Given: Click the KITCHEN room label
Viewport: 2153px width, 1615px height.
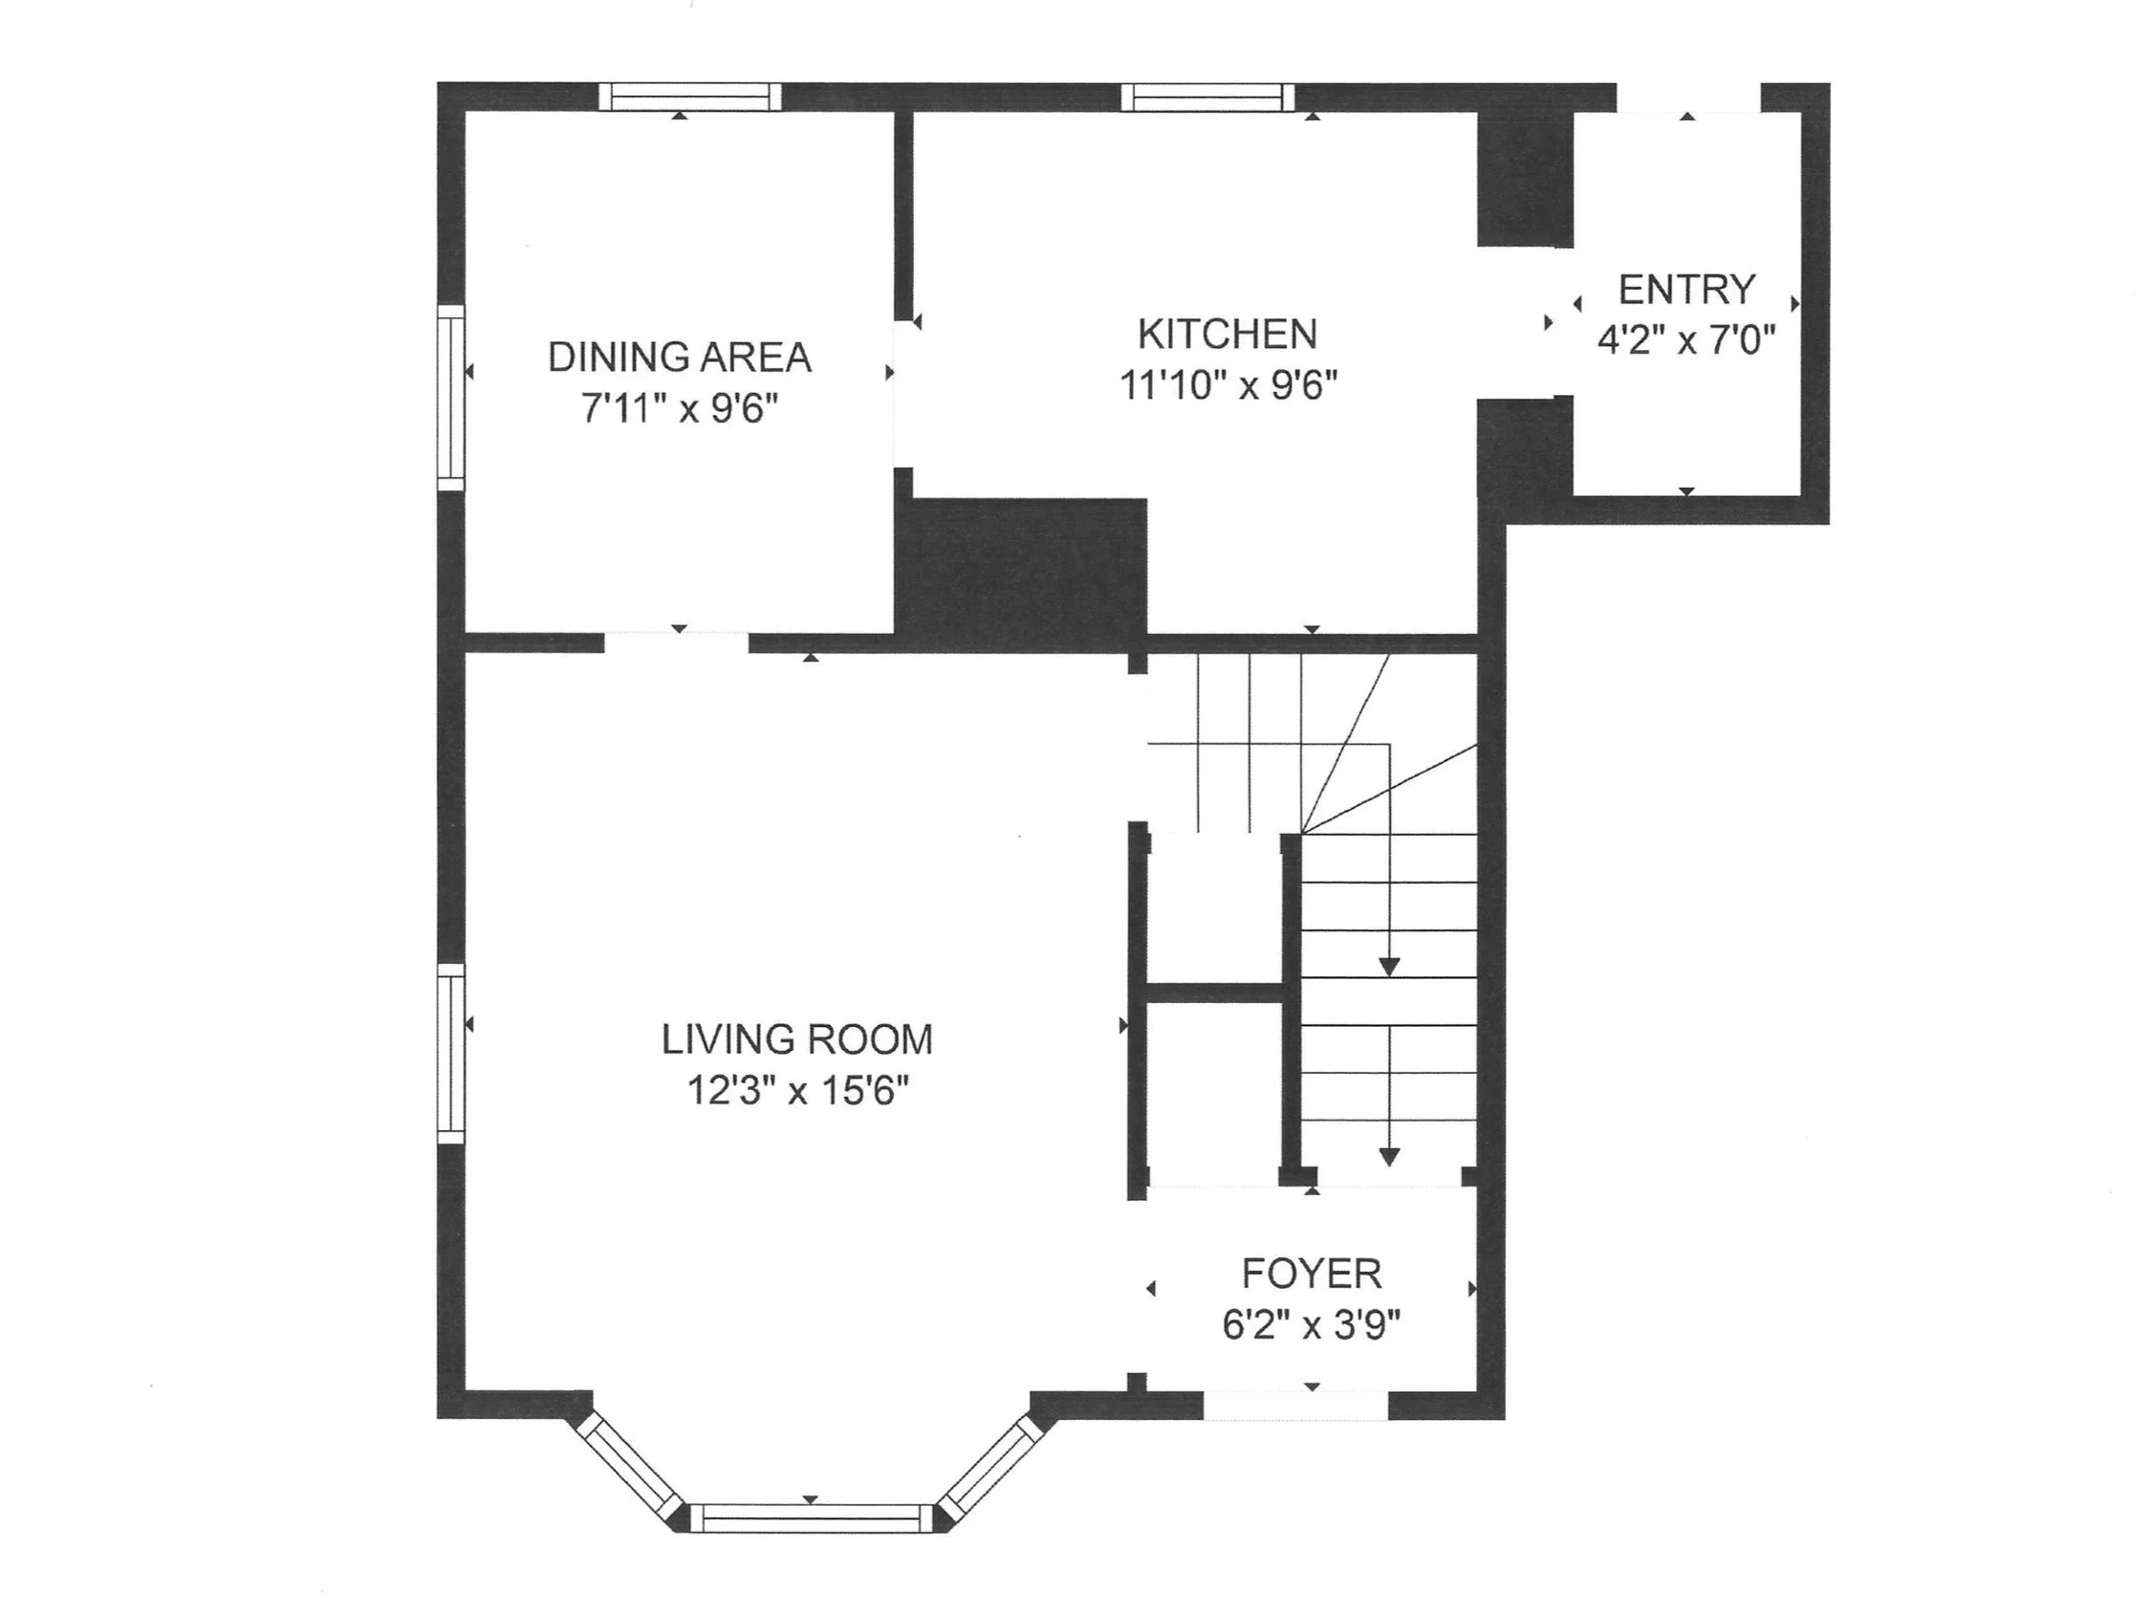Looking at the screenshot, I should click(1227, 334).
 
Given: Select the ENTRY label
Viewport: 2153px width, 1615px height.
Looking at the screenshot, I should click(1685, 289).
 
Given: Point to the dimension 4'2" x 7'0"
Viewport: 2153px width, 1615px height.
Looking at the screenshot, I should click(1685, 340).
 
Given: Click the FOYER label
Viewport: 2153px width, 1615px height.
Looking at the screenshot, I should click(1311, 1274).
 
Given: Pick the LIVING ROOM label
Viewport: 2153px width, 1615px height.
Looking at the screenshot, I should click(797, 1039).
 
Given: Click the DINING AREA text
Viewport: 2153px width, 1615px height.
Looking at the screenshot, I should click(680, 358).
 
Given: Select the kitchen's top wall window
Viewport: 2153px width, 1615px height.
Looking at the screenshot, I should click(1207, 98).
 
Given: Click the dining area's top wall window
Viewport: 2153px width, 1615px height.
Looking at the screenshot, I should click(689, 97).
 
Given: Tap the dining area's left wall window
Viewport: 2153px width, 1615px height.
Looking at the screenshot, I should click(449, 397).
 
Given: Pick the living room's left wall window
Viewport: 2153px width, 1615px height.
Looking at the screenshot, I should click(449, 1053).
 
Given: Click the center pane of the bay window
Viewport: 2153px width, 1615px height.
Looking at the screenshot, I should click(811, 1517).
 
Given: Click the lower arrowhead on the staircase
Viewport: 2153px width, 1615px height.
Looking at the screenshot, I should click(1389, 1156).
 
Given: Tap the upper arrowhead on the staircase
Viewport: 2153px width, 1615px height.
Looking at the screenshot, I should click(1389, 967).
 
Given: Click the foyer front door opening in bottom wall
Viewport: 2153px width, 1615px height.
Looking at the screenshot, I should click(1294, 1405).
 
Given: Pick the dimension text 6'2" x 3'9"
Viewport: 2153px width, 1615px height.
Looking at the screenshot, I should click(1311, 1325).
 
